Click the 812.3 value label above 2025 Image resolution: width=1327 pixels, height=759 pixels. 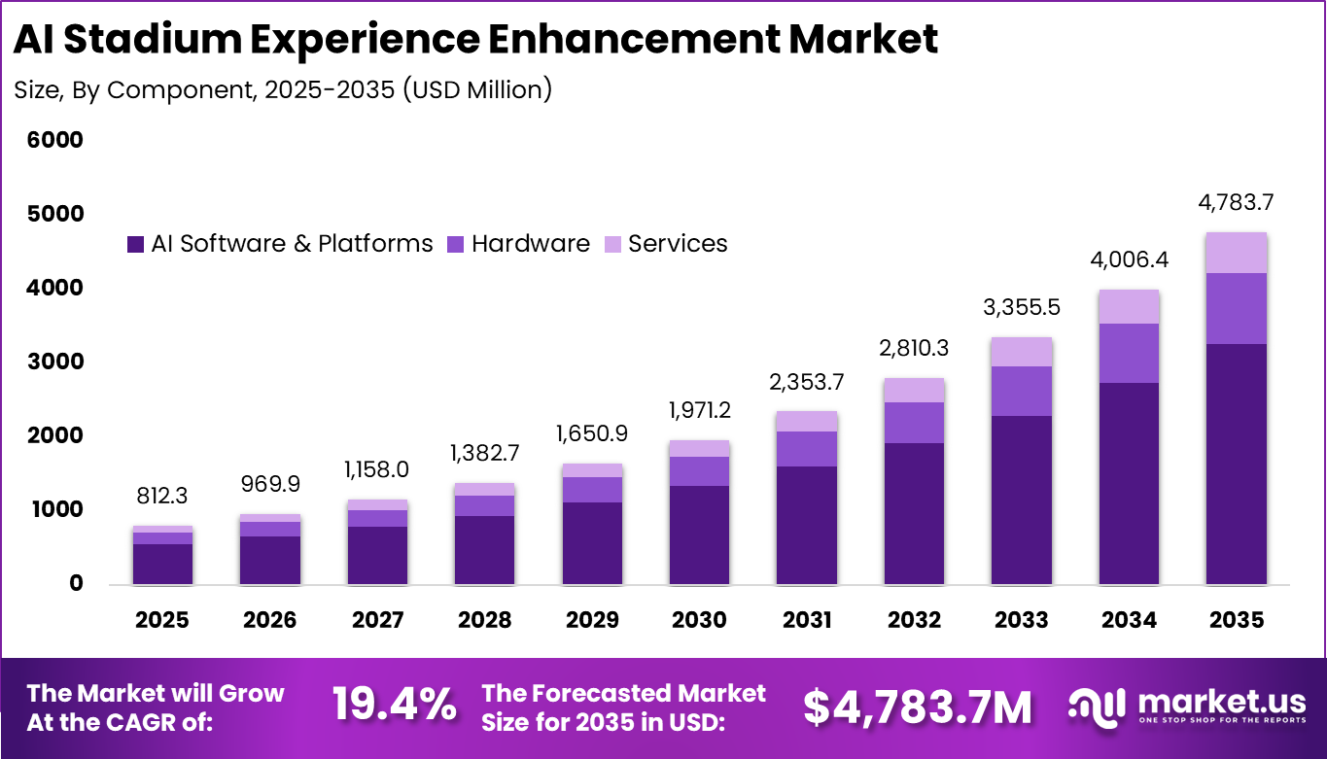[162, 496]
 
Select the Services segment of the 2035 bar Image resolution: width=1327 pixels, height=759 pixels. [1236, 253]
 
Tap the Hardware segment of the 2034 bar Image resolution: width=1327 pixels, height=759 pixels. [1129, 353]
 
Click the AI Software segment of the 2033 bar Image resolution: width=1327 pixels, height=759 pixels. [1021, 500]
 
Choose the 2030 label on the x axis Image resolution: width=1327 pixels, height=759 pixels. [699, 620]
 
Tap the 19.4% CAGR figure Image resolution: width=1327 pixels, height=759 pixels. [394, 706]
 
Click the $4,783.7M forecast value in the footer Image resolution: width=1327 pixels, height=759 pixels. [917, 707]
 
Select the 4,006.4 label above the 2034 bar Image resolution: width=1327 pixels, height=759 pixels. [1129, 261]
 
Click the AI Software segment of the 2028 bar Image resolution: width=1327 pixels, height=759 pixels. [484, 549]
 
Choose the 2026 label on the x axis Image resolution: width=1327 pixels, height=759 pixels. [269, 620]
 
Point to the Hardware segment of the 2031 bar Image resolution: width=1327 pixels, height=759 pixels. [806, 448]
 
